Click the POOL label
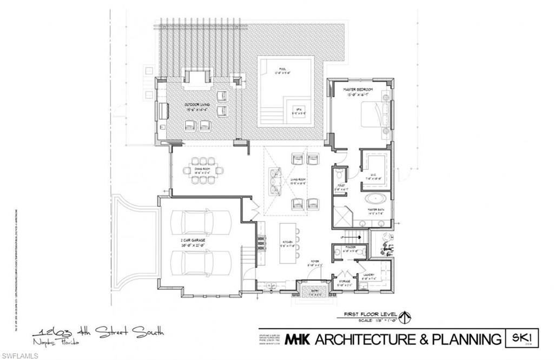point(282,69)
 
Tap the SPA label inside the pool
point(296,109)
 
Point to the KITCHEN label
point(287,243)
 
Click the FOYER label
point(315,263)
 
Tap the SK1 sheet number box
point(520,338)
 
